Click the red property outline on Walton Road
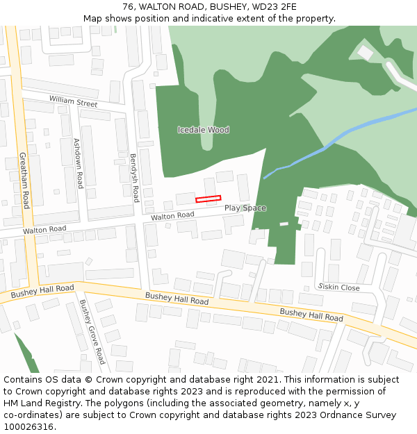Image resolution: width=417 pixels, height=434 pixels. (208, 199)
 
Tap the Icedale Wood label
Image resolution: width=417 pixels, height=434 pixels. (203, 130)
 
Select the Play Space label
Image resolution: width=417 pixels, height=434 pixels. (245, 208)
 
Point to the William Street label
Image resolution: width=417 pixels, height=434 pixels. (73, 101)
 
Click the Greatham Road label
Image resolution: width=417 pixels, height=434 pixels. (24, 181)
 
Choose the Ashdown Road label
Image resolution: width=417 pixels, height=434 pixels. (79, 163)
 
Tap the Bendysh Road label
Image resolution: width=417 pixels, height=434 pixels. (135, 178)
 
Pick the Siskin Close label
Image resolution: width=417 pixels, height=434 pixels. (339, 287)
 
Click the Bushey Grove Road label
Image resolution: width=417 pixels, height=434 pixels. (92, 331)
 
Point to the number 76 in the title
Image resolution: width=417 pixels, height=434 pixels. (127, 7)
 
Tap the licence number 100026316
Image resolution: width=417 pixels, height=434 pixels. (29, 427)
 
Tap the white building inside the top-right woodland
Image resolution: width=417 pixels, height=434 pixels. (366, 53)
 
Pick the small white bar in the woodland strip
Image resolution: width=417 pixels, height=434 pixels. (284, 224)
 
